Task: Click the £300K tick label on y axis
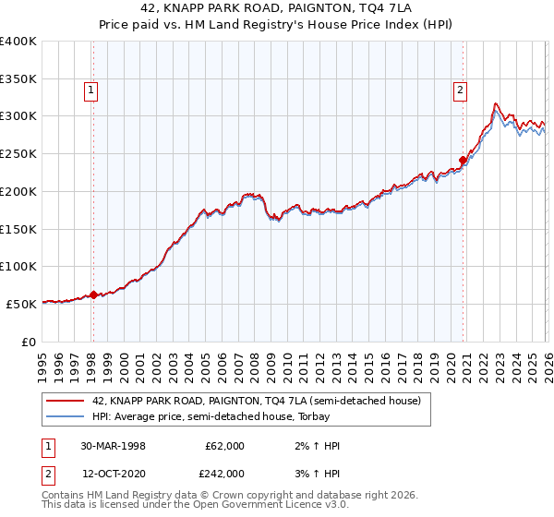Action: point(18,116)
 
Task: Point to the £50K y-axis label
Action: point(21,304)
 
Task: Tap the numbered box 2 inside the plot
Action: point(459,90)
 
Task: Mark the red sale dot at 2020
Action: point(463,160)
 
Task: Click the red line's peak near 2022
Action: point(496,103)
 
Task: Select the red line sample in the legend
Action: point(66,401)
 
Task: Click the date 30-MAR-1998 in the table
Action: point(113,446)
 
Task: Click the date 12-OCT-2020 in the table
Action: point(113,473)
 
